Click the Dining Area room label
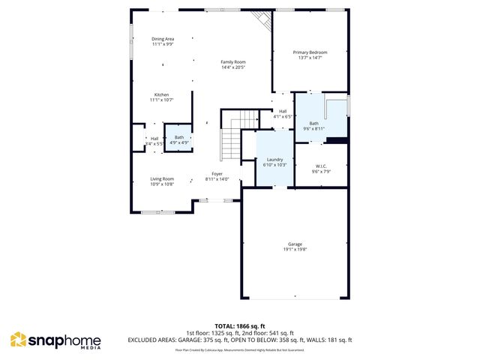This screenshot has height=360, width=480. [163, 38]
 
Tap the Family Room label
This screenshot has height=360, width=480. [233, 61]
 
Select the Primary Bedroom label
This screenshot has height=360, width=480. [310, 52]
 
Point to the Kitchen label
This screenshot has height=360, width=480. [162, 94]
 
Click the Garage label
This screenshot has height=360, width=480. [295, 244]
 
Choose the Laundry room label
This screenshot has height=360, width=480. [274, 159]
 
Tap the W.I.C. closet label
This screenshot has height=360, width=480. [321, 166]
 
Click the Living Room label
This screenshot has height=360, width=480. [162, 178]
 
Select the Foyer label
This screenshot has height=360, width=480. [217, 174]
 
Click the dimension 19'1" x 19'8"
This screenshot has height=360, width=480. [295, 250]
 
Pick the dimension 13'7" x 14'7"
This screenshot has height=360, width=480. [310, 57]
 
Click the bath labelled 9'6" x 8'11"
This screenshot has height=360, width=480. [313, 126]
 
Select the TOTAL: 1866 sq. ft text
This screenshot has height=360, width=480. [239, 326]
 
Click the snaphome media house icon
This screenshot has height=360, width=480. [18, 340]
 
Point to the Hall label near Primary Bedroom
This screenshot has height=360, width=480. [283, 112]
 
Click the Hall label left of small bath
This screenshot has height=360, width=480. [154, 138]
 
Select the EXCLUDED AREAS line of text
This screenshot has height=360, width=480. [239, 340]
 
